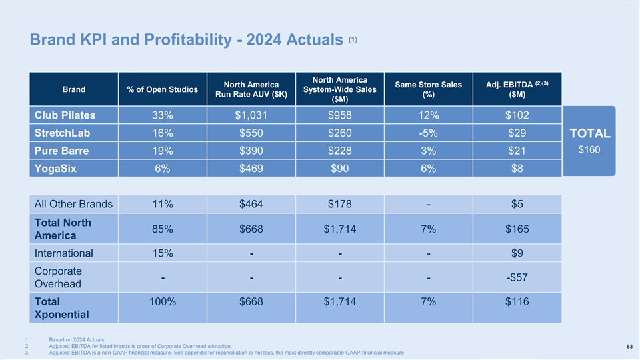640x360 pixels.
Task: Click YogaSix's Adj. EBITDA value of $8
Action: (x=517, y=169)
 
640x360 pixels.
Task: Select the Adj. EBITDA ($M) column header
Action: (x=517, y=89)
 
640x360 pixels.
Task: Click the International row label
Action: (x=64, y=253)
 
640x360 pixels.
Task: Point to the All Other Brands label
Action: (x=73, y=204)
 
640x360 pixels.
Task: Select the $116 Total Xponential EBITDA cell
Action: (x=517, y=302)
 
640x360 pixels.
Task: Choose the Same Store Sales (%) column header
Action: (x=428, y=89)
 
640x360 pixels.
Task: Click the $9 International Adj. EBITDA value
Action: (x=517, y=253)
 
